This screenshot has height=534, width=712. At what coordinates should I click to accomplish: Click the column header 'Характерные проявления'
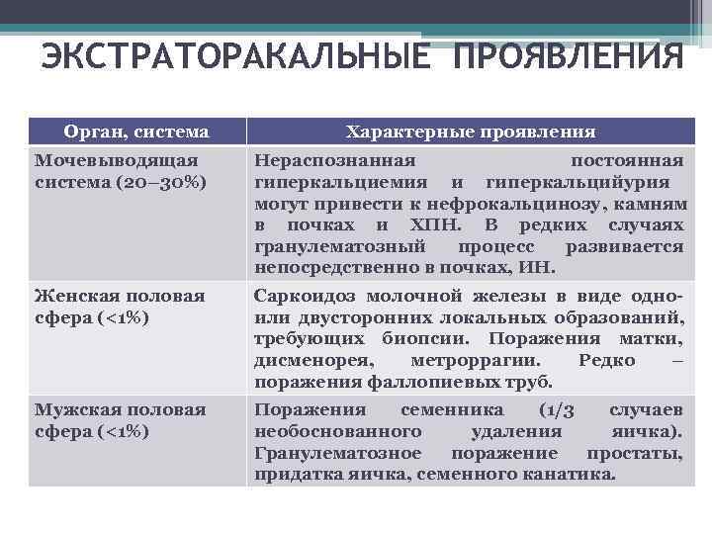click(470, 131)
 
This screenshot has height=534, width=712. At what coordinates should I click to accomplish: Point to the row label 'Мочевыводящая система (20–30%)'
click(117, 171)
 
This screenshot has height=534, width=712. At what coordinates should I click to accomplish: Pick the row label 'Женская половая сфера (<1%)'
click(120, 307)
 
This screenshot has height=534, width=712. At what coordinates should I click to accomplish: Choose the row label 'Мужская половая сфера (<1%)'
click(120, 420)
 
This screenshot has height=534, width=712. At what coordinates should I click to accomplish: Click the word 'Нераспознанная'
click(334, 160)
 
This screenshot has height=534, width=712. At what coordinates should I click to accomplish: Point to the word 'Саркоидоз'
click(305, 296)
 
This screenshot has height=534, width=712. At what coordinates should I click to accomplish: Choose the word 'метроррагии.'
click(473, 361)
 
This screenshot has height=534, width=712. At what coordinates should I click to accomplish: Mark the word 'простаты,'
click(634, 453)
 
